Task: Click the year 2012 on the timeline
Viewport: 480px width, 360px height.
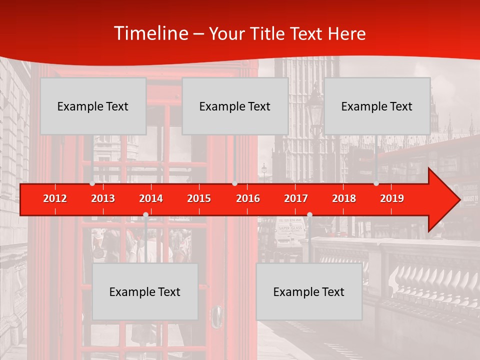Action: point(55,198)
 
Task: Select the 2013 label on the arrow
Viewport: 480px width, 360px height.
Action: point(103,198)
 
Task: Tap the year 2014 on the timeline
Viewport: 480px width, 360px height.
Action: point(151,198)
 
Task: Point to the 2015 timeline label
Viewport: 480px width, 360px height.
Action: point(199,198)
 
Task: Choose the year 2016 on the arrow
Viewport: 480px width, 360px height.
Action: point(248,198)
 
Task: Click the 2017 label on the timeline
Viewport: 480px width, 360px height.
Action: point(296,198)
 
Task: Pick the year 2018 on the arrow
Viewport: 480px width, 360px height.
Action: point(344,198)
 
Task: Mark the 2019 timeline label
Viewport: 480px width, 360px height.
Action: point(392,198)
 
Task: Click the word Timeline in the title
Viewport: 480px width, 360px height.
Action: point(150,33)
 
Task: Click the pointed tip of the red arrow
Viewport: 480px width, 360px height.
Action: point(458,199)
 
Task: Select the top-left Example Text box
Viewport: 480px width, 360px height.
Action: point(93,106)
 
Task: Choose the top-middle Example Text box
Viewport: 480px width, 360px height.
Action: point(235,106)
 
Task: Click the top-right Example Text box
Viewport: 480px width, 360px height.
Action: point(377,106)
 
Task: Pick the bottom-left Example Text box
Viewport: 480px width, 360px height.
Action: point(145,291)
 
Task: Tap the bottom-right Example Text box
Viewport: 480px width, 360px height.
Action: point(309,291)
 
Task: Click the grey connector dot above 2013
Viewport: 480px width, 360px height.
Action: point(92,183)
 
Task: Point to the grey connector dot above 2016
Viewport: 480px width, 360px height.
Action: point(234,183)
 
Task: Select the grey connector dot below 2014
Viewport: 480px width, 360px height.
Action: point(145,215)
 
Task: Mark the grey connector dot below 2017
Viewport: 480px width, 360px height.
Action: point(309,215)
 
